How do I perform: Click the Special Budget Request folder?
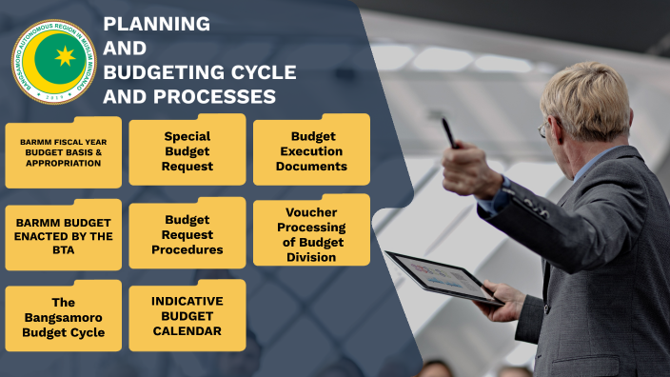tap(187, 151)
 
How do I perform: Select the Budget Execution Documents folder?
tap(311, 151)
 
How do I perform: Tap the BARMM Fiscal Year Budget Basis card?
tap(63, 152)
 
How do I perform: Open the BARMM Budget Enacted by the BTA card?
tap(63, 235)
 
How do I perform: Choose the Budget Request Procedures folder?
tap(187, 234)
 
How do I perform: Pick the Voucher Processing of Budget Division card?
tap(311, 234)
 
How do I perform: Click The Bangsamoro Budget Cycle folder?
tap(63, 317)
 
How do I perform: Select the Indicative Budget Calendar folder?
tap(187, 316)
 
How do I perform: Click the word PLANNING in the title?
tap(156, 24)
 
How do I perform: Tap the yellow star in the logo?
tap(65, 56)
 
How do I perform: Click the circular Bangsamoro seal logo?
tap(54, 61)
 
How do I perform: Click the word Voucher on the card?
tap(311, 212)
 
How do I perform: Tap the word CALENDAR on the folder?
tap(187, 331)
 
